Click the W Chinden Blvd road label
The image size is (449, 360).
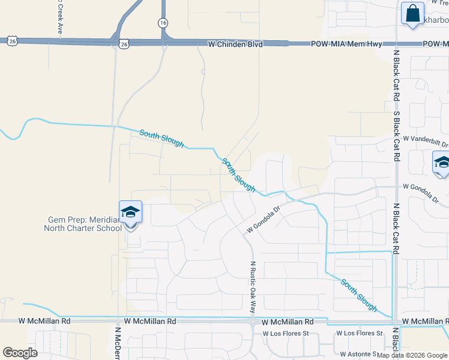pos(235,44)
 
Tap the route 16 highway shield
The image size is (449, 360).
pos(163,22)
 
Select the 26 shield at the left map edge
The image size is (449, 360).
pos(12,41)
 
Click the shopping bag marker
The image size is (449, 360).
pos(413,13)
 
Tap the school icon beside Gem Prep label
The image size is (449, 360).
pos(130,213)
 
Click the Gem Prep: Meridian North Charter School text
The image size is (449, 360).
pos(84,224)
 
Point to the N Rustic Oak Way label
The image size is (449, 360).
pos(253,287)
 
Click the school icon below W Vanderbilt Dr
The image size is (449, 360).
pos(441,163)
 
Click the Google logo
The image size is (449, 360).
pos(20,352)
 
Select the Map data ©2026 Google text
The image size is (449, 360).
pos(412,355)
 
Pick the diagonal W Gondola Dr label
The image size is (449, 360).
pos(264,220)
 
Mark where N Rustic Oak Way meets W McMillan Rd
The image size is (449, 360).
pos(253,322)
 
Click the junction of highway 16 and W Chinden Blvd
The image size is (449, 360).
pos(163,42)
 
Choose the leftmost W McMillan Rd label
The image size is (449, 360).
pos(44,322)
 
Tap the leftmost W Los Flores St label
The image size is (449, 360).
pos(285,333)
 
